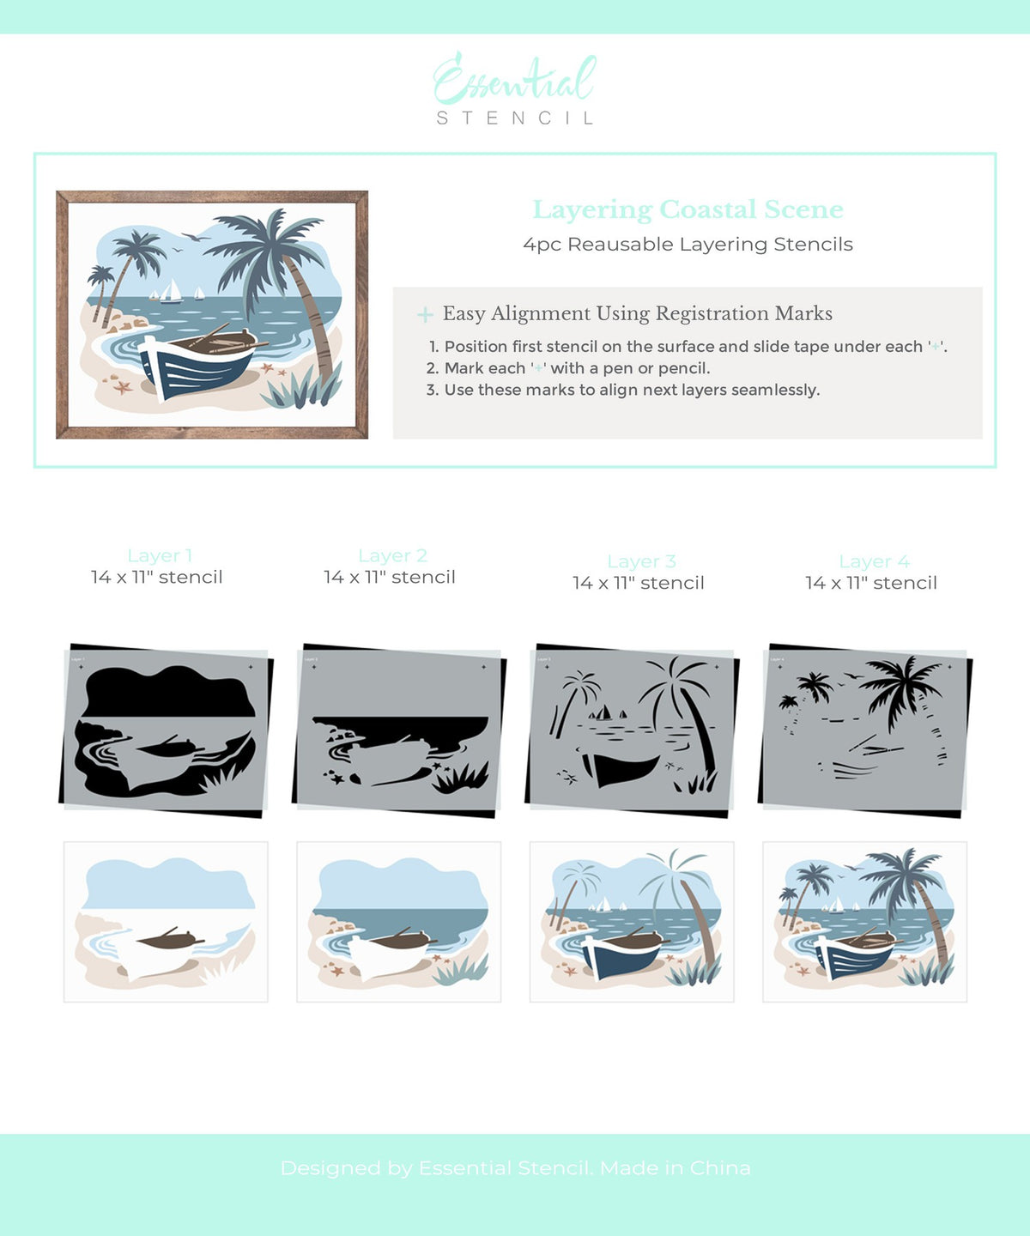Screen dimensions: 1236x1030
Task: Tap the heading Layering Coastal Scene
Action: [688, 209]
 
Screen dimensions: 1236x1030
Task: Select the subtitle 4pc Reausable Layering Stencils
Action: [688, 245]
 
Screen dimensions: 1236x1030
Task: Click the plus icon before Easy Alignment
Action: [425, 315]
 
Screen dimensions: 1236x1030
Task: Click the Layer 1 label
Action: [160, 556]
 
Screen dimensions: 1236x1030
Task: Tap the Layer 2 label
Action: [392, 556]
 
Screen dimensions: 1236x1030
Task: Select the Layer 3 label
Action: [641, 562]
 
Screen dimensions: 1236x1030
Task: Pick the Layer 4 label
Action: [874, 562]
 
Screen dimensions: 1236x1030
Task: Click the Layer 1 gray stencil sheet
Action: [166, 730]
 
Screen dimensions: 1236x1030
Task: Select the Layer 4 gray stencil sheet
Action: [864, 730]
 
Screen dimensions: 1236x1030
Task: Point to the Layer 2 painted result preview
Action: [398, 922]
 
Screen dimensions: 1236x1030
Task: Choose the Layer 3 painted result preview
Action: [632, 922]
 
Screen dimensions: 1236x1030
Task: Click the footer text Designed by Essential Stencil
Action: [515, 1168]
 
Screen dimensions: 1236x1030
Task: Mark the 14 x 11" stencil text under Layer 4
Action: [870, 584]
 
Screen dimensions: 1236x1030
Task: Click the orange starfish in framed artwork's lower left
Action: [123, 387]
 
